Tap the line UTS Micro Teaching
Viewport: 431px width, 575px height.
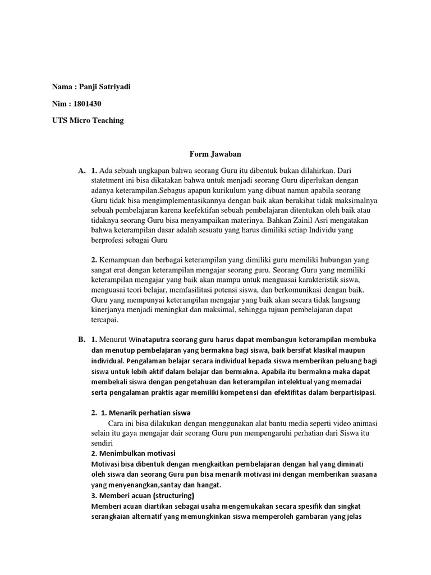(88, 121)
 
